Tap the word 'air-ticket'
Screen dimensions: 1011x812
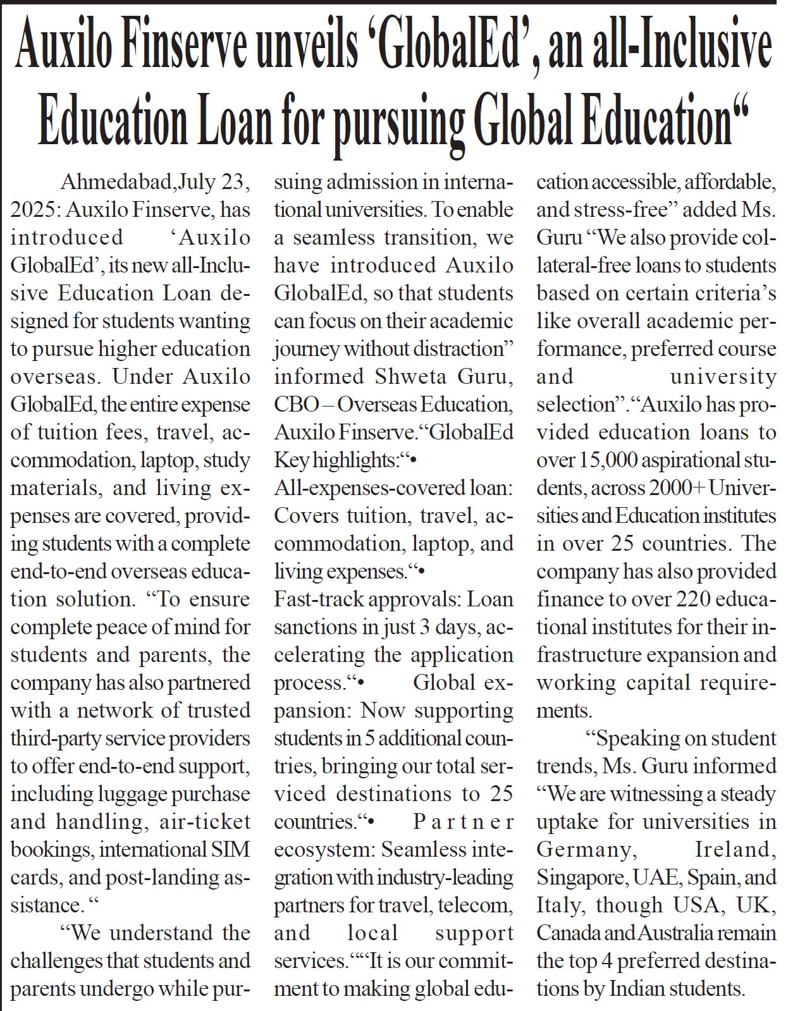coord(206,822)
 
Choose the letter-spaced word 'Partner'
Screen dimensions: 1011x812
coord(463,822)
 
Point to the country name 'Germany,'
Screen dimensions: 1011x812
coord(584,850)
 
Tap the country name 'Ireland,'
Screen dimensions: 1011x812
coord(735,850)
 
